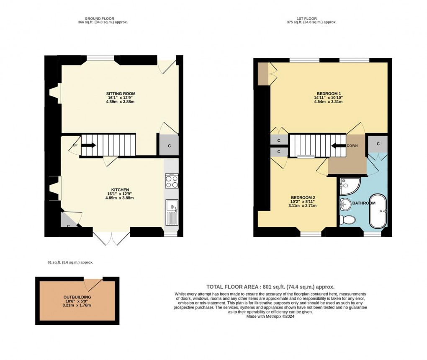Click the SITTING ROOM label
pyautogui.click(x=121, y=93)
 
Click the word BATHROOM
pyautogui.click(x=364, y=203)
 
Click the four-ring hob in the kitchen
pyautogui.click(x=172, y=181)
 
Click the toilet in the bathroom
pyautogui.click(x=347, y=219)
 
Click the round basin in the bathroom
pyautogui.click(x=346, y=205)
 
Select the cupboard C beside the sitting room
pyautogui.click(x=169, y=145)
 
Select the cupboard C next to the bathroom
pyautogui.click(x=378, y=144)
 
